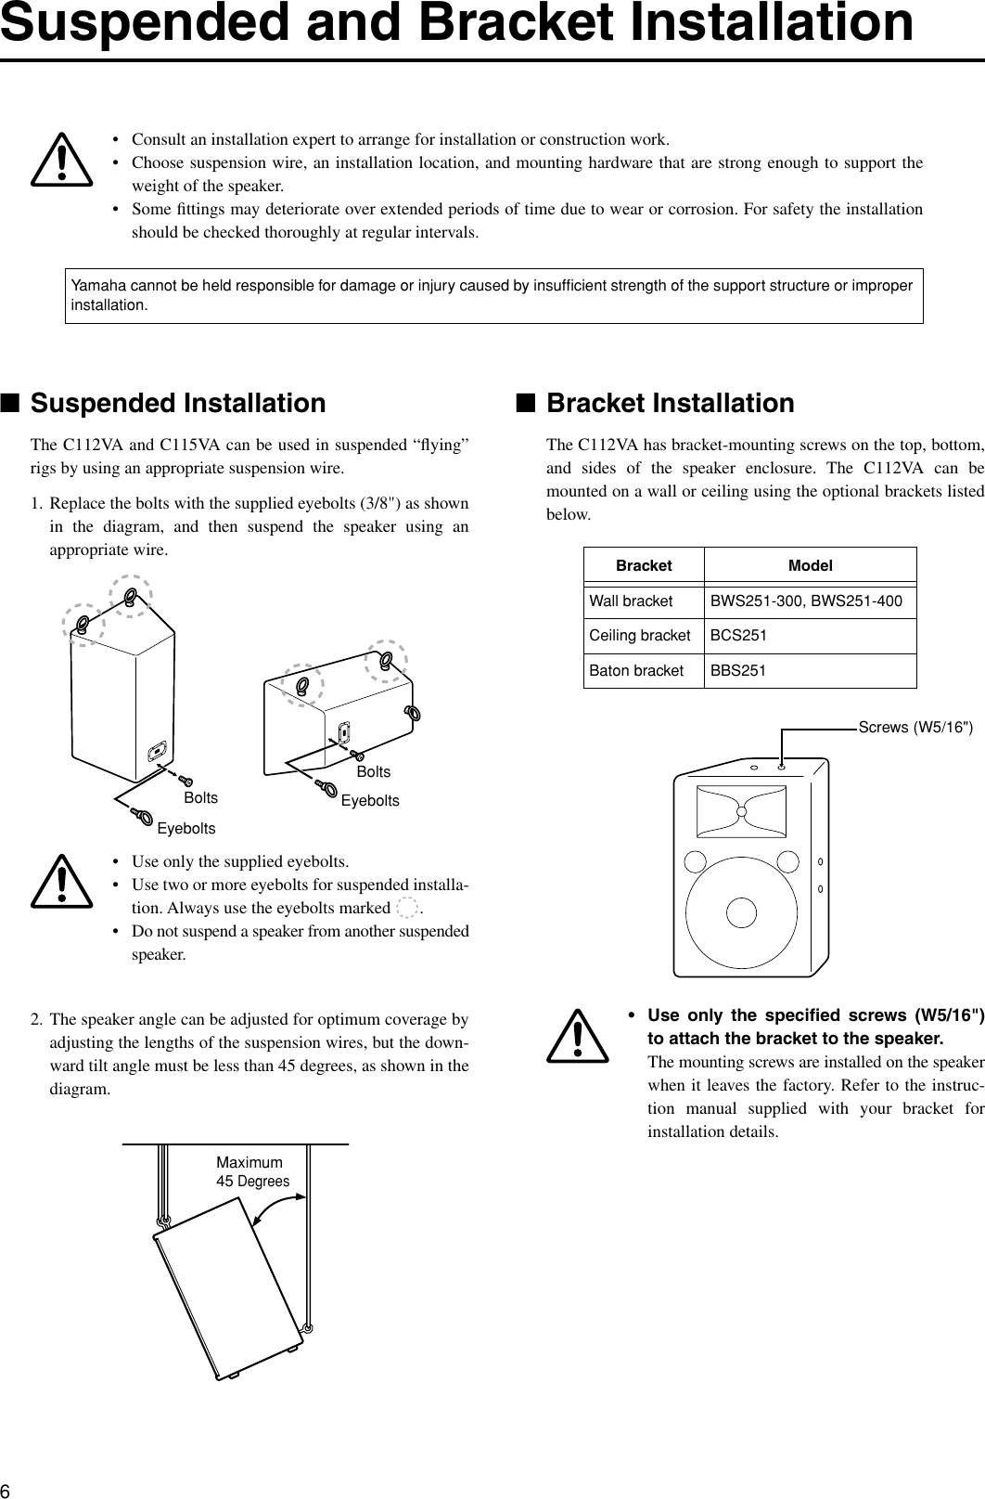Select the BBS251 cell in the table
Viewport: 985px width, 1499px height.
(738, 670)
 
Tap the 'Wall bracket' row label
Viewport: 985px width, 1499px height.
(631, 601)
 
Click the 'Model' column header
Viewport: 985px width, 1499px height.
(810, 565)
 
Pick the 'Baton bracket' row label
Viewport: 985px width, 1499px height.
(636, 670)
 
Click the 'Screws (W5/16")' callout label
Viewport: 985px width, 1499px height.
(915, 727)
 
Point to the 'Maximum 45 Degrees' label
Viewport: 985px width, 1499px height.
(252, 1172)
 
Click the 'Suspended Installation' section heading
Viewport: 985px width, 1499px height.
(178, 404)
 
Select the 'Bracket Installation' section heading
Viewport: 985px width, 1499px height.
(670, 404)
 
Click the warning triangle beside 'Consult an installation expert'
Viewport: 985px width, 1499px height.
(61, 161)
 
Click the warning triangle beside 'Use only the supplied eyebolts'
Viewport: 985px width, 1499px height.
(61, 882)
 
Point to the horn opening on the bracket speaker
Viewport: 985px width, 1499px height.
(741, 810)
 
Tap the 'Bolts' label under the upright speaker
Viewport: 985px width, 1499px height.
(201, 798)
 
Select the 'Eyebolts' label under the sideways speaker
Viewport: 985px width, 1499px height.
(370, 800)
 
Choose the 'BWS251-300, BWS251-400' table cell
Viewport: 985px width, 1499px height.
(806, 601)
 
